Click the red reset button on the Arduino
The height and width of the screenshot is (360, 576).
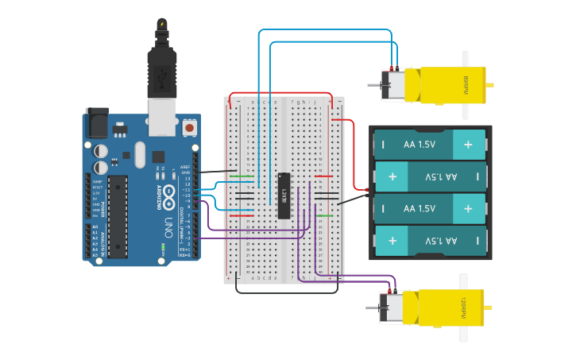point(189,127)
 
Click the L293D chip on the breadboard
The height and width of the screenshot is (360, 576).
point(284,195)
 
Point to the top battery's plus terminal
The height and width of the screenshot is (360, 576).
point(468,145)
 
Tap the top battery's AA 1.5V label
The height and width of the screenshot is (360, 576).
point(419,145)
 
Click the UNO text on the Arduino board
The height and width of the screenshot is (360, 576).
point(168,224)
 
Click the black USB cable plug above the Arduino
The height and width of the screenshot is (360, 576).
point(162,64)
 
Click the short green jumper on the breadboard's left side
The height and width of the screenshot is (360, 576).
point(245,176)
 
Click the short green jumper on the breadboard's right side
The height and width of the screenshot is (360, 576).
point(324,215)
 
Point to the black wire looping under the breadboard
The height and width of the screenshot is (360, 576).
point(286,292)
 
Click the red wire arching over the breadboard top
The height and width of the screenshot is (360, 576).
point(282,95)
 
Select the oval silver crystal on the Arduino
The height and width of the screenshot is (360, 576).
point(141,154)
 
